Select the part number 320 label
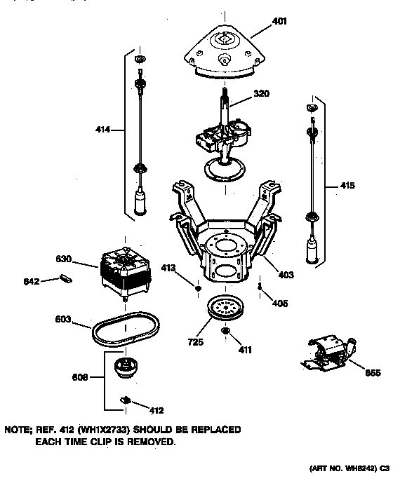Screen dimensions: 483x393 coord(260,93)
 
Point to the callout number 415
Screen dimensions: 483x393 coord(347,186)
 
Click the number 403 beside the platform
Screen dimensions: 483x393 coord(286,274)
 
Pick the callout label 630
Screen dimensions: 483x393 coord(65,259)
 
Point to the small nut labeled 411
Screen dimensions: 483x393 coord(226,331)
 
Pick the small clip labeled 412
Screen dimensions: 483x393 coord(126,400)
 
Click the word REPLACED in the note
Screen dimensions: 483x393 coord(215,429)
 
